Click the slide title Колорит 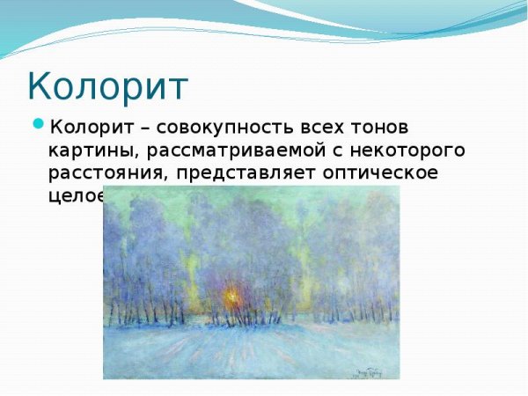pos(107,87)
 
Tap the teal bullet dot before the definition pos(38,123)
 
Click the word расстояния pos(106,172)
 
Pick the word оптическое pos(383,172)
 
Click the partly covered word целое pos(75,194)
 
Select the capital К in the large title pos(40,87)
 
